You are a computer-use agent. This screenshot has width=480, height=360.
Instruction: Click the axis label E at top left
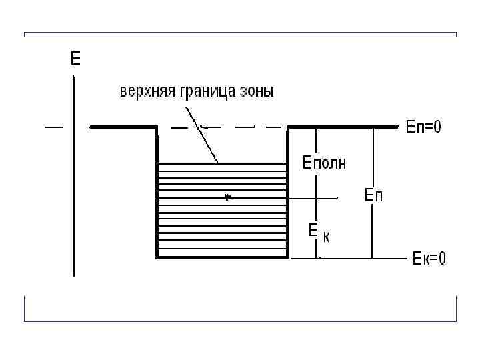pyautogui.click(x=75, y=60)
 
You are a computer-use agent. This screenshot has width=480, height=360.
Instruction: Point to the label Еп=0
pyautogui.click(x=423, y=127)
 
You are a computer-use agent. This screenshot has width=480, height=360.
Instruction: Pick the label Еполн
pyautogui.click(x=325, y=162)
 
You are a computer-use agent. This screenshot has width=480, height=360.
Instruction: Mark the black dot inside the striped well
pyautogui.click(x=228, y=197)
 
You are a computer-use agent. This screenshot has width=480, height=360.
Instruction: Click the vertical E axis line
pyautogui.click(x=73, y=200)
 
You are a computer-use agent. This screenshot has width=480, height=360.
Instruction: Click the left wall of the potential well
pyautogui.click(x=156, y=193)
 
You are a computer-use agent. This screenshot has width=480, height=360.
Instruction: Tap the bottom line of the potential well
pyautogui.click(x=221, y=257)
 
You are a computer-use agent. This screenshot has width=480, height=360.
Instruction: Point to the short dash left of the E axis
pyautogui.click(x=54, y=127)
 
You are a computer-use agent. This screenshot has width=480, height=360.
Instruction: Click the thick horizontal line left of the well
pyautogui.click(x=123, y=127)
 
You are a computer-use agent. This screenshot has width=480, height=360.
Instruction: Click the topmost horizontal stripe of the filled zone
pyautogui.click(x=221, y=163)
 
